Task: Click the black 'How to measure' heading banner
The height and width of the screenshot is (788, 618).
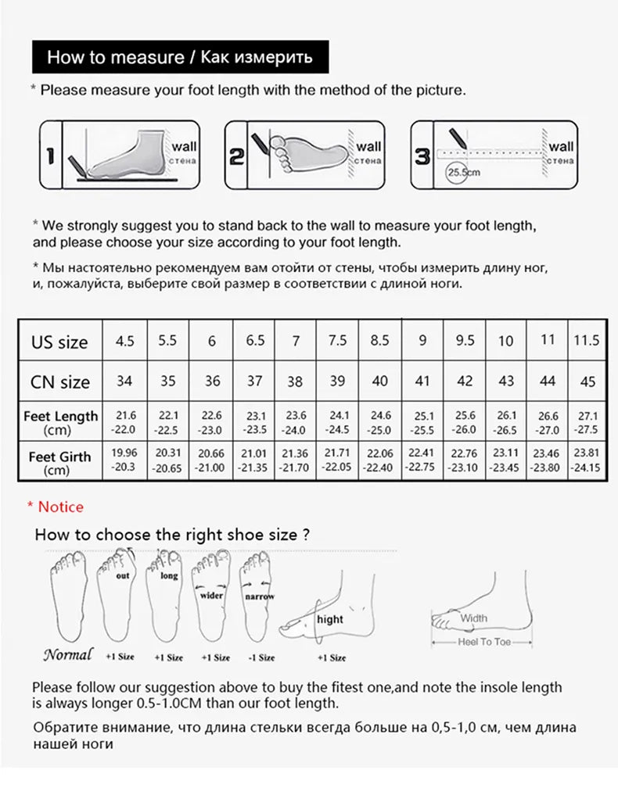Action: point(179,57)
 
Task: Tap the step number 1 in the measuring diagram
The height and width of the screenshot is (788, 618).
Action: point(49,155)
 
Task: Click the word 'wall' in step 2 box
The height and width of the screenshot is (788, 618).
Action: point(369,146)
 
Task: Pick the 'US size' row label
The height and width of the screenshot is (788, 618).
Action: point(59,342)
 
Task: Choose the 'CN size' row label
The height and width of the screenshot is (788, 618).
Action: point(59,382)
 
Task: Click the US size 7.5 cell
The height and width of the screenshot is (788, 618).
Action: point(337,341)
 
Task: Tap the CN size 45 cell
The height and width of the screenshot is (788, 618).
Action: point(588,381)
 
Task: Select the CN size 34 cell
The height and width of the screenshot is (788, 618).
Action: point(124,381)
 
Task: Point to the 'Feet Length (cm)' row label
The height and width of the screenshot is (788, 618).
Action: point(60,421)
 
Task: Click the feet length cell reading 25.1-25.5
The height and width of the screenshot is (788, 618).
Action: point(423,423)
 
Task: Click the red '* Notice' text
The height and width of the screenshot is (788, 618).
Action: point(56,507)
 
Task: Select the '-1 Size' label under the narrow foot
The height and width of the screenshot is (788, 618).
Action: point(260,657)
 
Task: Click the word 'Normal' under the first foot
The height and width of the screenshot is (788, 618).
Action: point(67,654)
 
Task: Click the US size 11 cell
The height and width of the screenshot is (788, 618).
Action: point(548,340)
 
